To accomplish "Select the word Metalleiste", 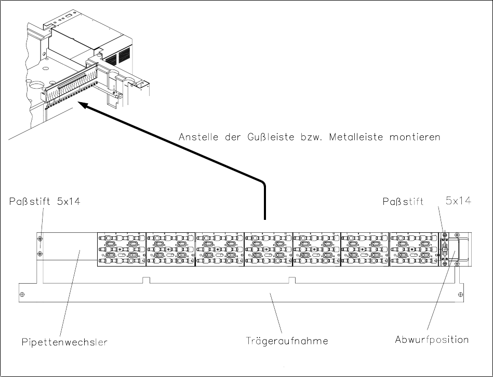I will pyautogui.click(x=355, y=137).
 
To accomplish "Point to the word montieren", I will pyautogui.click(x=415, y=137).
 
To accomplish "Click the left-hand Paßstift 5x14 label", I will pyautogui.click(x=46, y=202).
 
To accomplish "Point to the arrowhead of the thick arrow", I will pyautogui.click(x=83, y=105).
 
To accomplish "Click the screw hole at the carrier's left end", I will pyautogui.click(x=22, y=294).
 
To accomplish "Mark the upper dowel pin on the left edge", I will pyautogui.click(x=40, y=239).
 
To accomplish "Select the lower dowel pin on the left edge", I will pyautogui.click(x=40, y=254).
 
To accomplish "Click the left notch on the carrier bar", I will pyautogui.click(x=146, y=281).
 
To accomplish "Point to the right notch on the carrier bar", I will pyautogui.click(x=292, y=281).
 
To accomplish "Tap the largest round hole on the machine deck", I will pyautogui.click(x=38, y=85).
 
